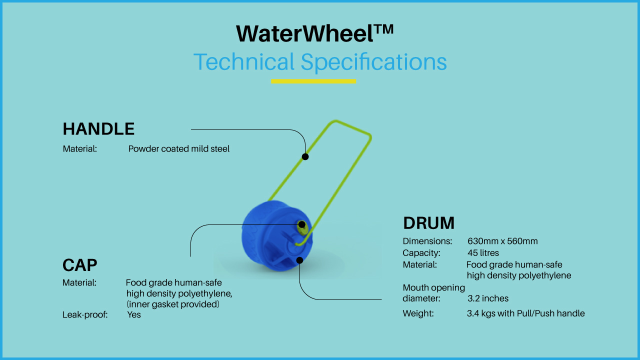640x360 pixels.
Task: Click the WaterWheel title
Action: click(314, 33)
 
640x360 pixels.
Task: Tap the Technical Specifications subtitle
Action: click(320, 62)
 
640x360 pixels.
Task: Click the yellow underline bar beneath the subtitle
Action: click(313, 81)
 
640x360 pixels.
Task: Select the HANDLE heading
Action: click(98, 129)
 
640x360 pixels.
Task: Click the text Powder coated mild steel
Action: click(178, 149)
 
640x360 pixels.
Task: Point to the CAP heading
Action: click(79, 265)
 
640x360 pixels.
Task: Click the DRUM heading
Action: click(428, 223)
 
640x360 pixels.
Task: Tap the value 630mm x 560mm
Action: click(502, 241)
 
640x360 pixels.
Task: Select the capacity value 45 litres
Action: click(483, 253)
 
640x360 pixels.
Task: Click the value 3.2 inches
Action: click(487, 298)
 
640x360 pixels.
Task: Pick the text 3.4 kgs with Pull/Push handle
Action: click(525, 313)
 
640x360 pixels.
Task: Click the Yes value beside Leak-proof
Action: click(134, 314)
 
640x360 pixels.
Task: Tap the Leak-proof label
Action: click(85, 315)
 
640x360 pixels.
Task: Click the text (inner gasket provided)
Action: click(173, 304)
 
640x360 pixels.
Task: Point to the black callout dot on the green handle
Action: click(305, 156)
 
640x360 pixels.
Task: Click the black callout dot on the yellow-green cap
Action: click(301, 224)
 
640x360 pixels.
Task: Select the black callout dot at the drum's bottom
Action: click(299, 260)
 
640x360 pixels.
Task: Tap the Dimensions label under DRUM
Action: click(427, 241)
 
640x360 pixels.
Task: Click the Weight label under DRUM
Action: click(418, 313)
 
